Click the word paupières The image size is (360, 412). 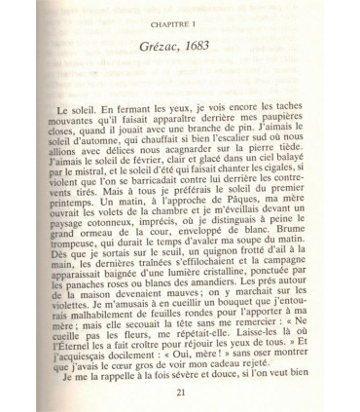coord(296,115)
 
